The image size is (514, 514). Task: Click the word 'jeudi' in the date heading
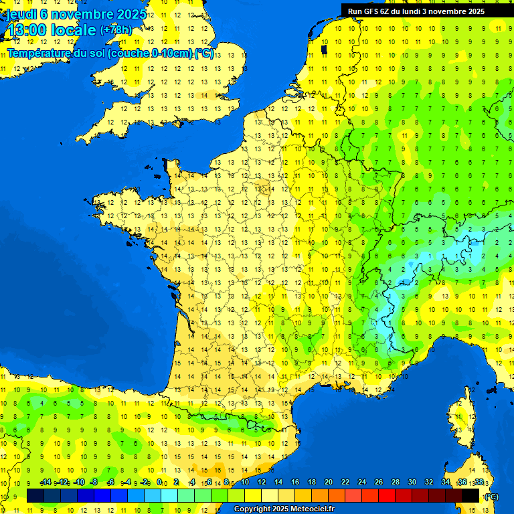22,14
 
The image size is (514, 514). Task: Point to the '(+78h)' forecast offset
116,29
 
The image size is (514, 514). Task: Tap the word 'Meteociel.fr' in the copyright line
312,509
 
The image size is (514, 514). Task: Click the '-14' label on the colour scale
46,483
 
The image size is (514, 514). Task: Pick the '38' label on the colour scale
479,483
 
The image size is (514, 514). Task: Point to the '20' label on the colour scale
329,483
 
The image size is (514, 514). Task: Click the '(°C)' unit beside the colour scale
491,496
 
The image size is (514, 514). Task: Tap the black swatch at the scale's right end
470,495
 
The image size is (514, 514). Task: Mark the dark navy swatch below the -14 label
35,495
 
